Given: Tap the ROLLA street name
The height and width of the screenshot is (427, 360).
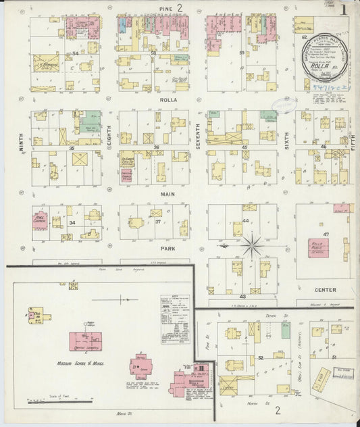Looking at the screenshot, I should [x=168, y=101].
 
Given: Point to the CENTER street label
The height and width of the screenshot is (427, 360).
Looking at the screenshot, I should [x=326, y=290].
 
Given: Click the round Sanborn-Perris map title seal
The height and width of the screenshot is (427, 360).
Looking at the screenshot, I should [x=324, y=57].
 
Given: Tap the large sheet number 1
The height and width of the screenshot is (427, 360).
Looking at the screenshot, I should [x=345, y=10].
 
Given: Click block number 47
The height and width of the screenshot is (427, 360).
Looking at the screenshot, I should [x=326, y=233].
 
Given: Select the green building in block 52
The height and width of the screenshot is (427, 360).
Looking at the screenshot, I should [x=286, y=331].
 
